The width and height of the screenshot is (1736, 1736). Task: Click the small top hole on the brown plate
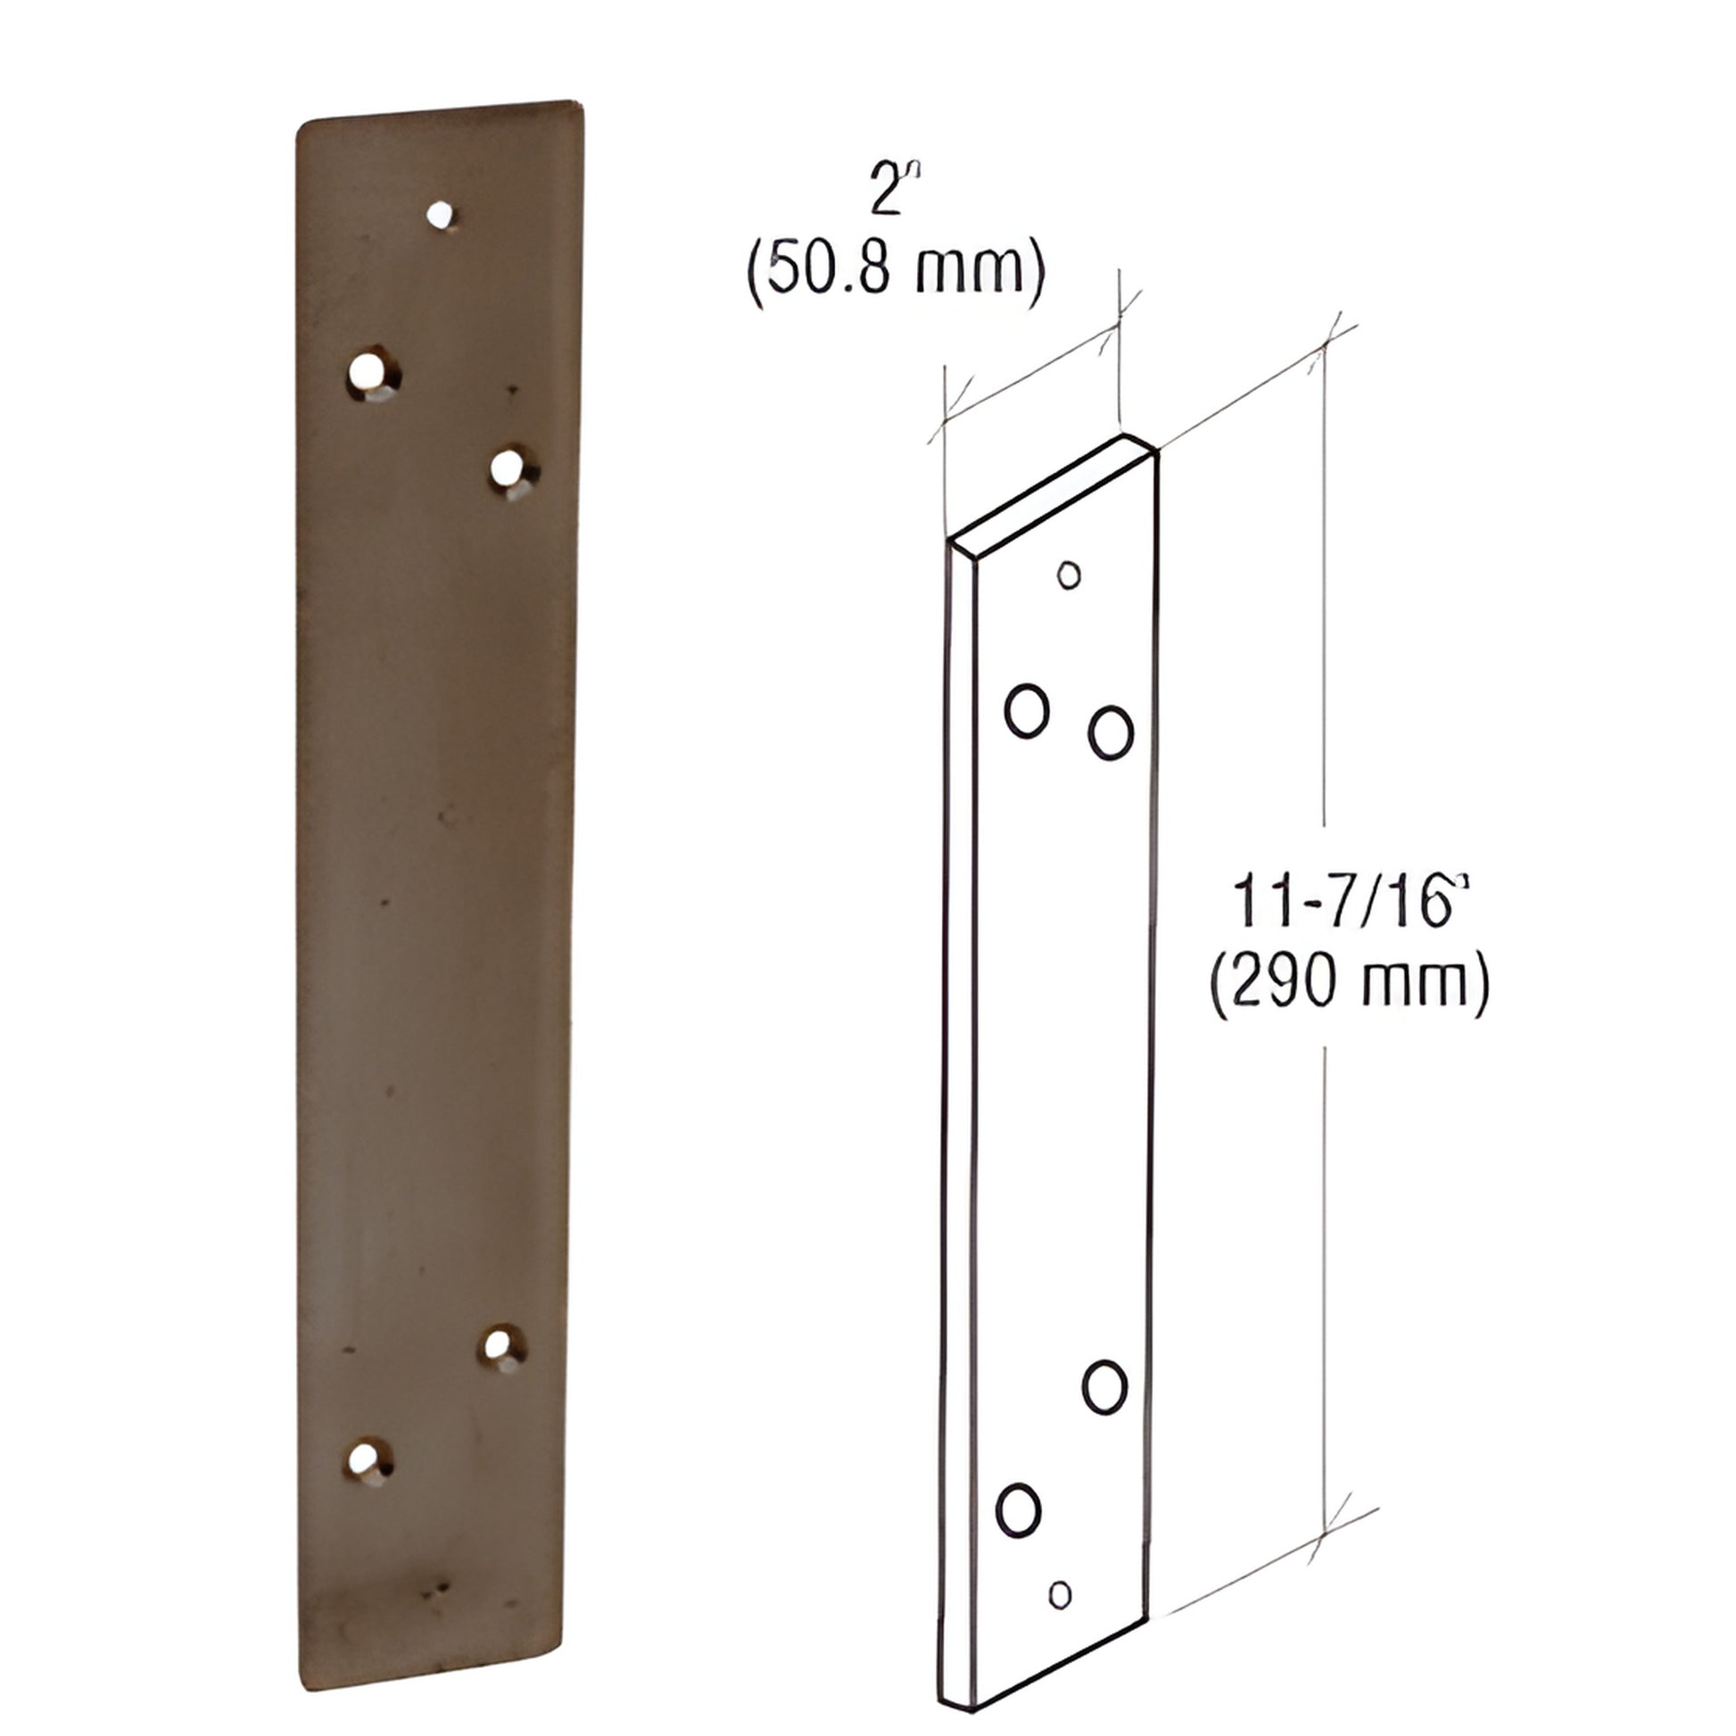click(440, 215)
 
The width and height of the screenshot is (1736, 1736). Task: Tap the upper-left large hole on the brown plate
click(369, 372)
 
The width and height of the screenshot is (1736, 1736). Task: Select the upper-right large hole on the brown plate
click(508, 469)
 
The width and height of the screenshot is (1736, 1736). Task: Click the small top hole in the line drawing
click(1069, 575)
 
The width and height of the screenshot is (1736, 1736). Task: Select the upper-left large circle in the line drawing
click(1027, 711)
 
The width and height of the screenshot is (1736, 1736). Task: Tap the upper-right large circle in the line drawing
click(1111, 732)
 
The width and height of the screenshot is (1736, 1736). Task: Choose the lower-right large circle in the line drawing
click(1104, 1387)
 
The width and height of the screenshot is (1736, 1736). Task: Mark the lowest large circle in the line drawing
click(1018, 1509)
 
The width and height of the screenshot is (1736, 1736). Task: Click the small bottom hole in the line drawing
click(1061, 1595)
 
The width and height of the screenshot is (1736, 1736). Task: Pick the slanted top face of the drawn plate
click(1051, 492)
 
